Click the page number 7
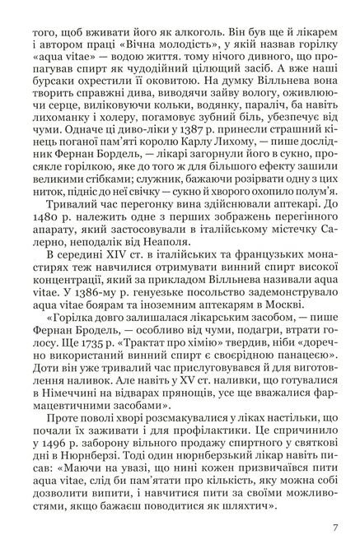coord(335,505)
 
